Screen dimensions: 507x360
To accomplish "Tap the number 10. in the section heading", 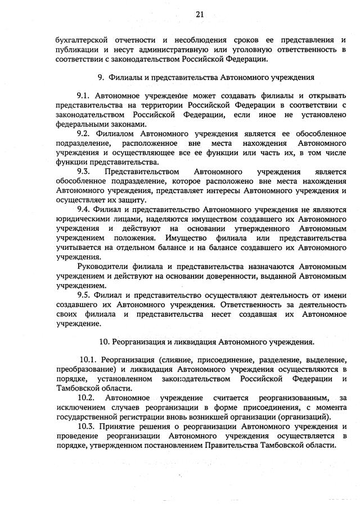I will (105, 342).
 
